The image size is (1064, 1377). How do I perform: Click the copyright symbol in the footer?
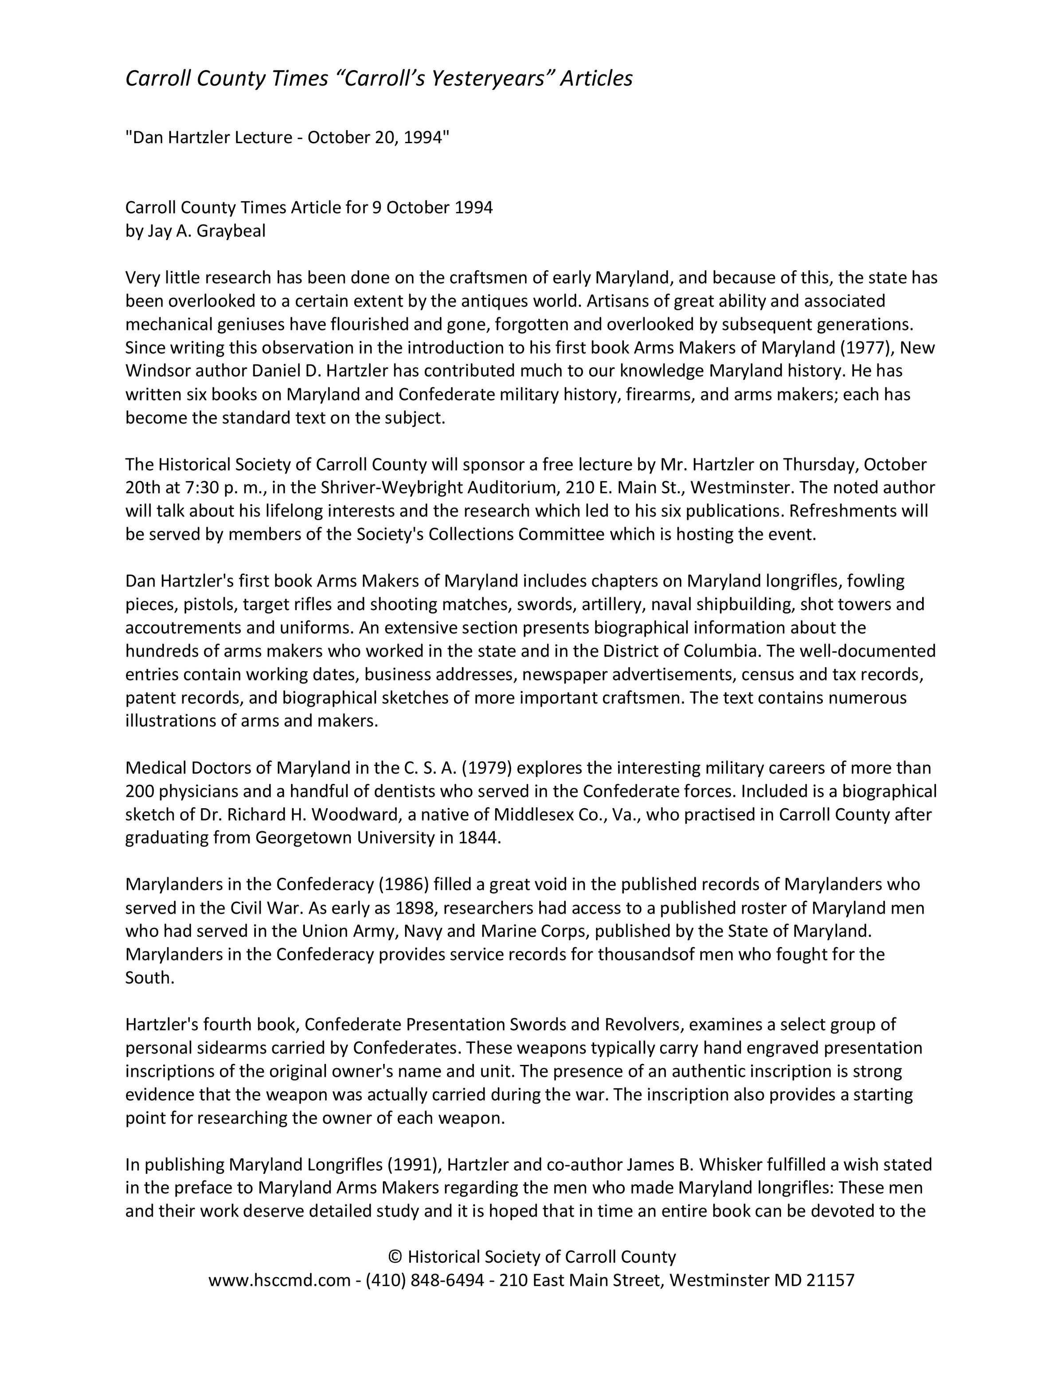[395, 1256]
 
